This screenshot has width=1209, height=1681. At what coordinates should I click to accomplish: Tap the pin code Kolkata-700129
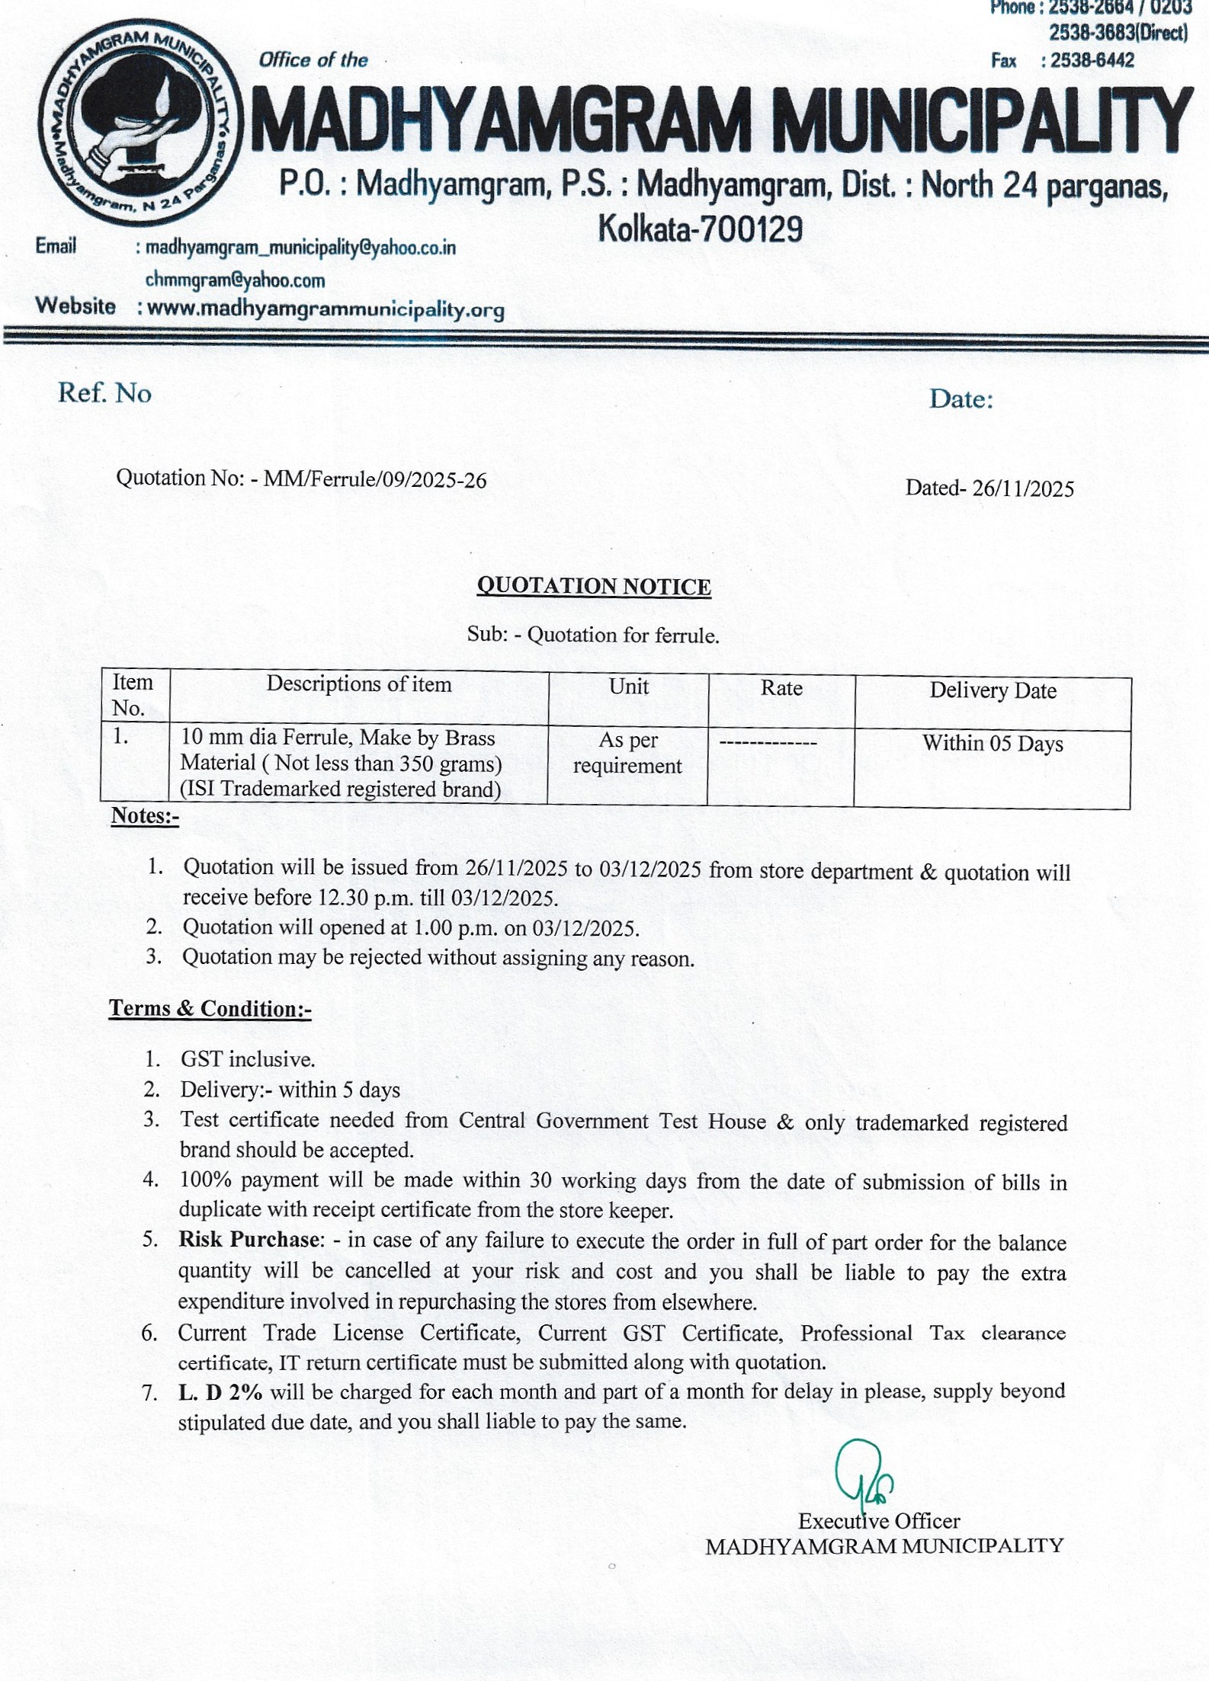tap(701, 229)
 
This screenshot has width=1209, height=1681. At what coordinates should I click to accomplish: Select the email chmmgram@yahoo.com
tap(235, 280)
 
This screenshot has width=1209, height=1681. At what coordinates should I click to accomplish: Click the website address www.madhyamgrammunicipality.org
tap(325, 309)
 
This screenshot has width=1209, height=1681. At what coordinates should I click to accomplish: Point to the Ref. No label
tap(105, 393)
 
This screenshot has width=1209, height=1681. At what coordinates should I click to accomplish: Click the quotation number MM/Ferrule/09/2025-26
tap(374, 480)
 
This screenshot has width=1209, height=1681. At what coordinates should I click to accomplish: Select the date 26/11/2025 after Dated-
tap(1023, 488)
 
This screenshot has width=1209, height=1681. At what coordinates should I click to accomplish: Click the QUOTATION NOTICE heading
tap(594, 586)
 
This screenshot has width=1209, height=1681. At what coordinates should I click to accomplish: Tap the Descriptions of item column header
tap(358, 684)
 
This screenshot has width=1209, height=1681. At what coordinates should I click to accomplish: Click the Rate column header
tap(781, 688)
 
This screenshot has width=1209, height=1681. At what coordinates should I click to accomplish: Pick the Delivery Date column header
tap(993, 690)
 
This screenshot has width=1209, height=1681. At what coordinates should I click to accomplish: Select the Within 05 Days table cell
tap(993, 743)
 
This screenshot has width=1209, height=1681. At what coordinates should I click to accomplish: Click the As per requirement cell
tap(628, 753)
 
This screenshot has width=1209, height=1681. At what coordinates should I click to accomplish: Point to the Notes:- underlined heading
tap(145, 815)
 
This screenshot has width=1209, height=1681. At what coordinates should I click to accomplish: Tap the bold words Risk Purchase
tap(249, 1240)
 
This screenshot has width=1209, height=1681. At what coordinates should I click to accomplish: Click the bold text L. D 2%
tap(220, 1391)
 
